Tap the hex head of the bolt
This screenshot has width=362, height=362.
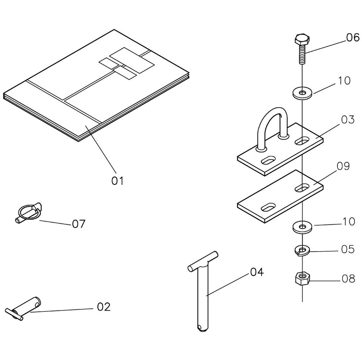click(x=301, y=39)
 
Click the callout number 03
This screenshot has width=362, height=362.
click(x=348, y=119)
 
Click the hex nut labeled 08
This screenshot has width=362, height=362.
click(x=301, y=279)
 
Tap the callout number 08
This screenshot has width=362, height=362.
click(x=348, y=279)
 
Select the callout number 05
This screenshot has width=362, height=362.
click(x=348, y=250)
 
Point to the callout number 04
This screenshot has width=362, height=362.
click(x=257, y=272)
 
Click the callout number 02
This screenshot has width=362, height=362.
click(x=104, y=307)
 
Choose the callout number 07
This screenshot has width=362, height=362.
click(x=79, y=224)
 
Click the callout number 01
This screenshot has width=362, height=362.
click(x=117, y=180)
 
